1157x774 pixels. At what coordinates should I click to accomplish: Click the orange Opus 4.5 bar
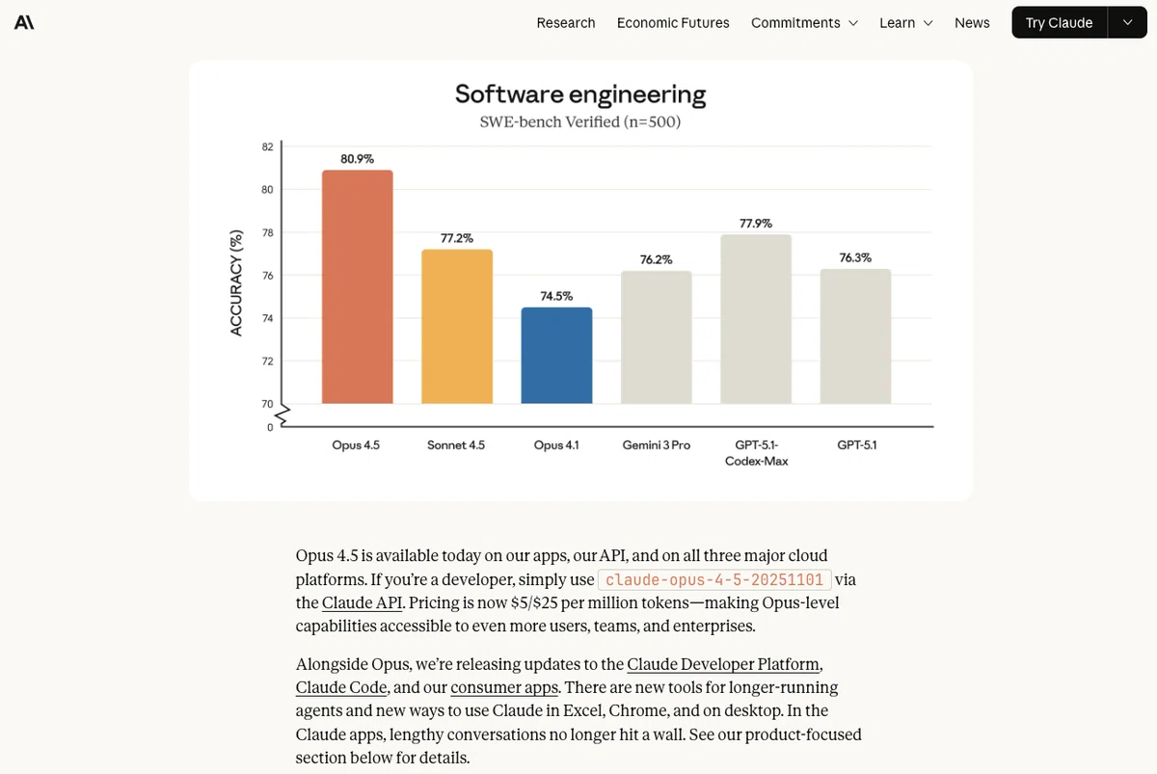[357, 286]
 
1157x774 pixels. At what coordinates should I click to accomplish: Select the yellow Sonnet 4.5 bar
[457, 327]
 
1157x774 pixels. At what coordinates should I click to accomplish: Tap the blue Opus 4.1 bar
[556, 356]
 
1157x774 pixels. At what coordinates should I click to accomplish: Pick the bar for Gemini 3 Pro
[656, 337]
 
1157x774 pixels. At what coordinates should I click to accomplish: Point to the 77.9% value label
[756, 224]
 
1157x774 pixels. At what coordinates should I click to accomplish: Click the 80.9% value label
[357, 159]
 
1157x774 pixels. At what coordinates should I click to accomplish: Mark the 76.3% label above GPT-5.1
[855, 257]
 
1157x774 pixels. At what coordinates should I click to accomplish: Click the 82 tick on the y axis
[267, 147]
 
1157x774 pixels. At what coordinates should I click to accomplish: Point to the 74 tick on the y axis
[267, 319]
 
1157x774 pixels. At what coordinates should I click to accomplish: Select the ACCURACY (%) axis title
[235, 283]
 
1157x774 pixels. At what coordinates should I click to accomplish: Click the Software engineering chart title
[580, 94]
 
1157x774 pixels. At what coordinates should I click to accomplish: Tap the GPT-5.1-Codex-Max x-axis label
[756, 453]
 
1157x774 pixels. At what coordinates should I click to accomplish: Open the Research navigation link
[566, 23]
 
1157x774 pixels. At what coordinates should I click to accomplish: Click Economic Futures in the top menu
[673, 23]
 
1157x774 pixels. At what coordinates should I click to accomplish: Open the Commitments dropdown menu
[804, 23]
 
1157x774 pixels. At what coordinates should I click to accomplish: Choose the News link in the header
[972, 23]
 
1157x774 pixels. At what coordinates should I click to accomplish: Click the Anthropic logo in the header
[24, 23]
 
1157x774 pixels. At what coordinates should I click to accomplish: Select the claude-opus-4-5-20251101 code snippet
[714, 579]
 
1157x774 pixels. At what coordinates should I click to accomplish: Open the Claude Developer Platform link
[723, 664]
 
